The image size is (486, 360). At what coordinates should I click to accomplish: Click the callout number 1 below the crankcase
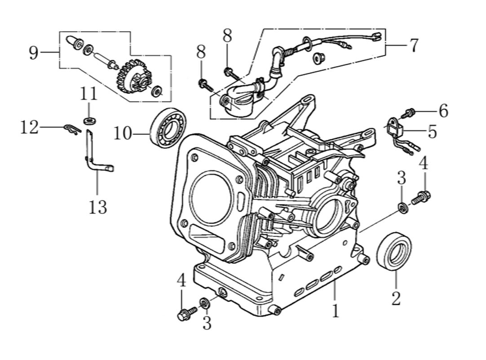tap(335, 311)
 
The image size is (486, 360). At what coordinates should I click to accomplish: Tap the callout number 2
tap(396, 298)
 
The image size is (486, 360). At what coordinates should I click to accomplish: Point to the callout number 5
tap(432, 132)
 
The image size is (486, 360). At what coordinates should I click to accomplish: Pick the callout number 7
tap(414, 45)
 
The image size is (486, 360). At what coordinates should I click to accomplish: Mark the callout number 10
tap(123, 133)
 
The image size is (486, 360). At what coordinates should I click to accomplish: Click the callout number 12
tap(30, 128)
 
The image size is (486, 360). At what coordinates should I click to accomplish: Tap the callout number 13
tap(98, 207)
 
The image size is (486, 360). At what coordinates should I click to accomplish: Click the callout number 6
tap(443, 111)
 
